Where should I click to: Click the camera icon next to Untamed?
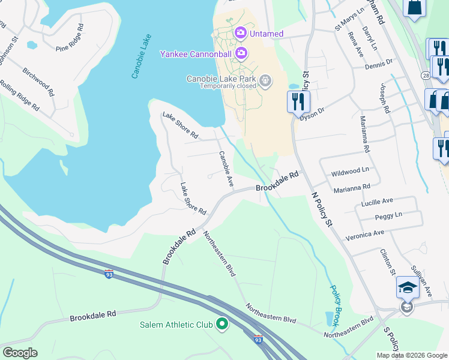[241, 33]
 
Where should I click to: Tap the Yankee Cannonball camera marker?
[241, 54]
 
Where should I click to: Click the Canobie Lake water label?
[142, 56]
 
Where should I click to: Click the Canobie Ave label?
[226, 169]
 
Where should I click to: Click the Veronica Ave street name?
[364, 233]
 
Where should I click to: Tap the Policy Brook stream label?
[337, 305]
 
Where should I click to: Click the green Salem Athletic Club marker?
[222, 325]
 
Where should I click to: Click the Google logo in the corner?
[20, 353]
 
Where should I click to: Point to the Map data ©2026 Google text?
[412, 355]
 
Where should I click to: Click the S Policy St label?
[391, 338]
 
